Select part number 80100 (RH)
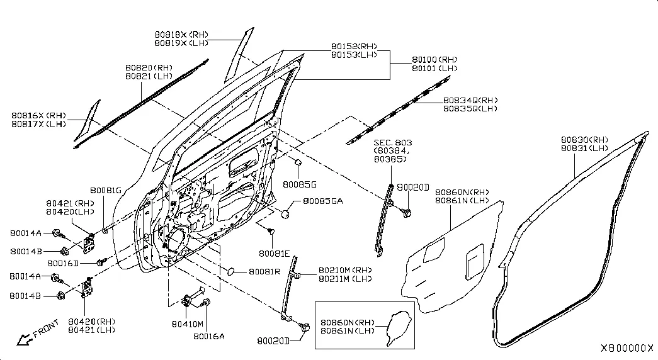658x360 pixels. coord(434,60)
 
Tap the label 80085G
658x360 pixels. coord(299,184)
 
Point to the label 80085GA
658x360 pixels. coord(323,201)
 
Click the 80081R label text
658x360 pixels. coord(264,271)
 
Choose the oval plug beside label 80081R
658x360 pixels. coord(231,271)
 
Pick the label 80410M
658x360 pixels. coord(187,324)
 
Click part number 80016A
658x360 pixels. coord(209,336)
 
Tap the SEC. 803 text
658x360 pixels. coord(393,143)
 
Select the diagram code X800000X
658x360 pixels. coord(627,348)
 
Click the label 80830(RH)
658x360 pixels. coord(584,140)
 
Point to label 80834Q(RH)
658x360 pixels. coord(470,100)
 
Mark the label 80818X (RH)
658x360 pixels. coord(181,35)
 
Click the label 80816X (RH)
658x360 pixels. coord(38,115)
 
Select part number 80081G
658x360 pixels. coord(106,191)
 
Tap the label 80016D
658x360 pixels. coord(63,263)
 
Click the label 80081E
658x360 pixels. coord(274,254)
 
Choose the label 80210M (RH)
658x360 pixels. coord(345,270)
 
